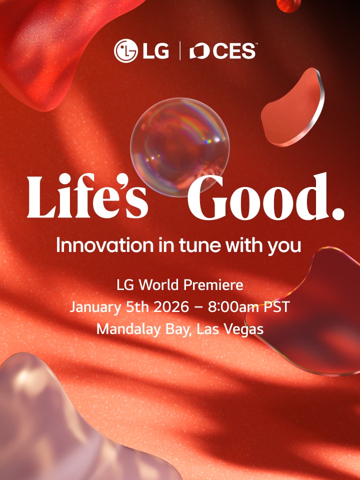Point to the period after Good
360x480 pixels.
point(338,213)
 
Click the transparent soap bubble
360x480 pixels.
point(179,146)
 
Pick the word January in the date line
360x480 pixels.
point(95,307)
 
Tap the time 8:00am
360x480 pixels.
point(233,307)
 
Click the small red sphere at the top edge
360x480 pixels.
point(289,5)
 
